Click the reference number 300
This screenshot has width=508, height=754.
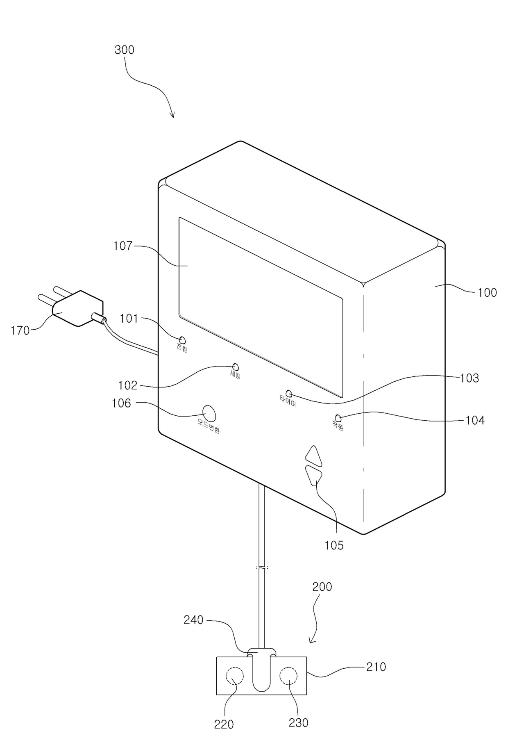point(124,50)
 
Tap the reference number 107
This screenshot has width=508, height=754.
point(123,246)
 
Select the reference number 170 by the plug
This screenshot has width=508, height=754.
point(20,330)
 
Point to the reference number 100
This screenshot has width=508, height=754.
point(487,293)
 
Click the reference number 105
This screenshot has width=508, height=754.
point(334,545)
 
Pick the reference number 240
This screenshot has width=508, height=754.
point(193,620)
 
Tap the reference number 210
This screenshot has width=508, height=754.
point(376,667)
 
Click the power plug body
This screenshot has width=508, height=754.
point(78,309)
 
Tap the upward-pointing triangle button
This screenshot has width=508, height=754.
point(314,456)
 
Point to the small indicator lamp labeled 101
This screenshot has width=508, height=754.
point(182,340)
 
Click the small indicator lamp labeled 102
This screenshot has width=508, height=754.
point(236,367)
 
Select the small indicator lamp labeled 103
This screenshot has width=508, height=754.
point(289,394)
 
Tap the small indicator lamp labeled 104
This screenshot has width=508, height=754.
point(338,418)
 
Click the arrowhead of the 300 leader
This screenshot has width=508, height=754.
point(173,116)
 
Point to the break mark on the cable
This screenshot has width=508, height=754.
point(262,568)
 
